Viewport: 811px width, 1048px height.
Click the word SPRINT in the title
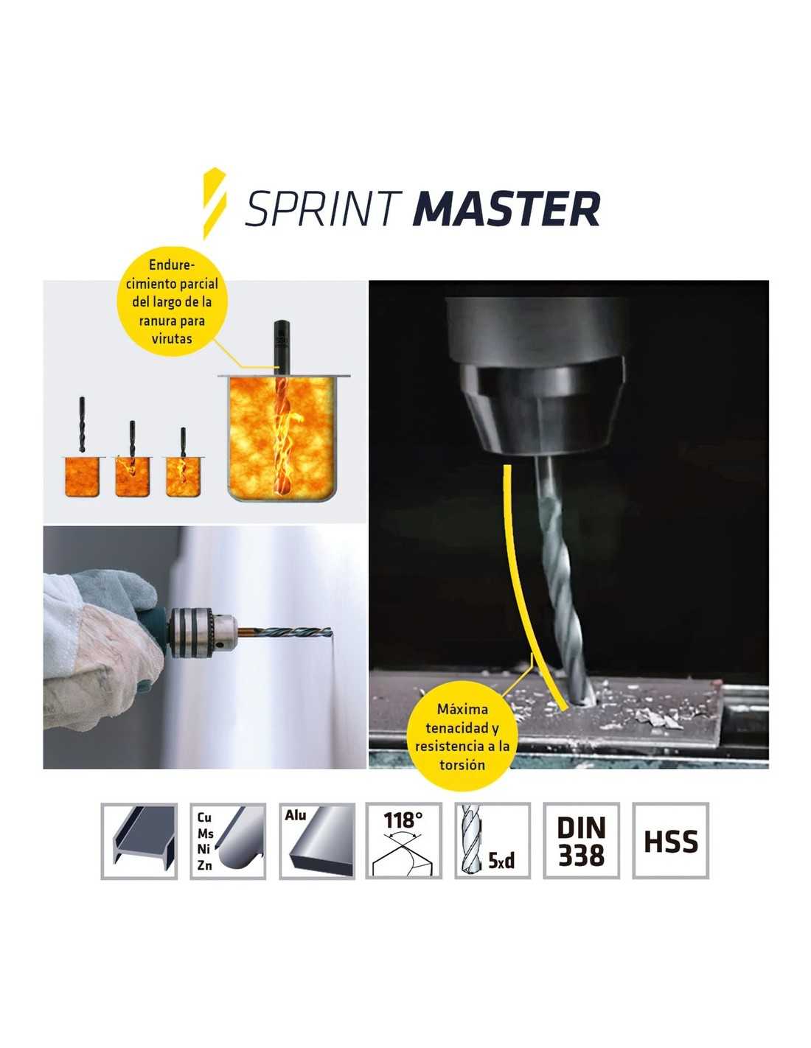point(323,209)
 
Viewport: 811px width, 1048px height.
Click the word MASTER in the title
point(506,209)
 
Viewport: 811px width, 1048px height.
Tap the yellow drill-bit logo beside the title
point(214,203)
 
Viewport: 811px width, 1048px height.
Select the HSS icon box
point(670,841)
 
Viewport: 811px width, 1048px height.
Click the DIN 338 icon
point(582,841)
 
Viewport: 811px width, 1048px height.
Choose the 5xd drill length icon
point(492,841)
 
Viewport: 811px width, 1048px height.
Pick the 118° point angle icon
point(403,841)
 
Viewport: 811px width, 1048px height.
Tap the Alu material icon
point(317,841)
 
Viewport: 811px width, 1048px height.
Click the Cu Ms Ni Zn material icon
point(228,841)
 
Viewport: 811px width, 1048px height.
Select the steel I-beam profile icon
point(139,841)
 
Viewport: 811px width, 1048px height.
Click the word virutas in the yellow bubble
point(171,338)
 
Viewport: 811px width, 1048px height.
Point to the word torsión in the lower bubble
point(462,765)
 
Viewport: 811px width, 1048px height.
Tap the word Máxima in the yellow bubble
point(462,710)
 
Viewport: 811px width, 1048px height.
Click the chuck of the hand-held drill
point(203,632)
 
